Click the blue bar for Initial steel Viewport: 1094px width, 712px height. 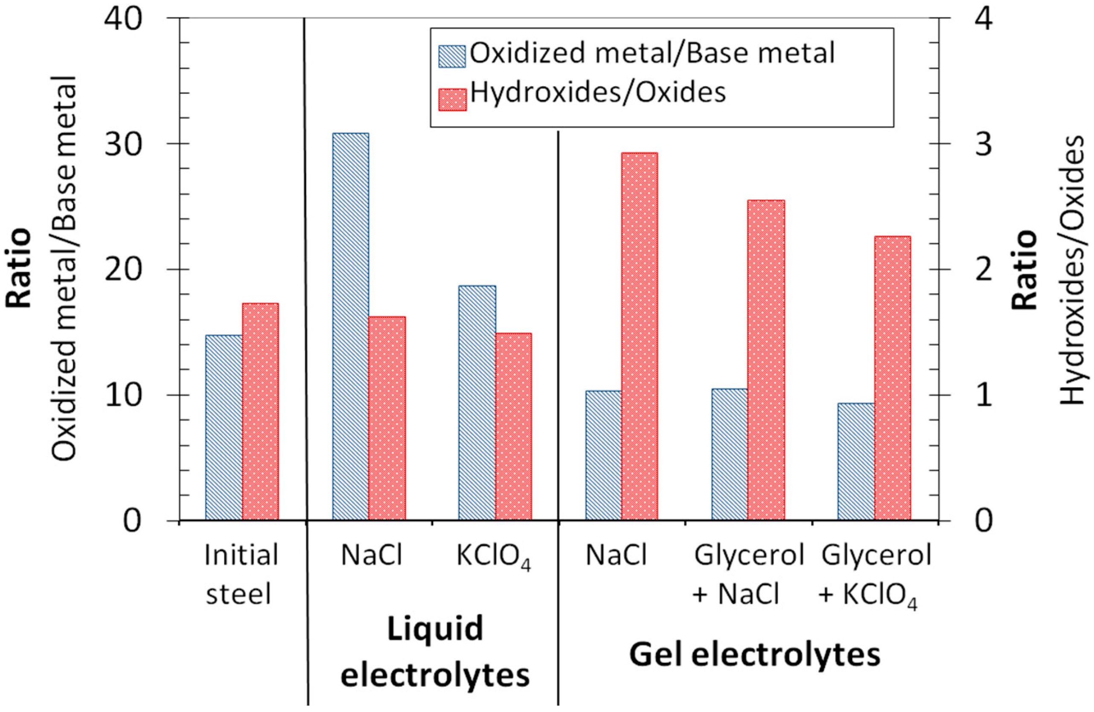pos(224,428)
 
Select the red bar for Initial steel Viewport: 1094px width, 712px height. pos(260,411)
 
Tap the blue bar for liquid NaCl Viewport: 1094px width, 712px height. pos(350,327)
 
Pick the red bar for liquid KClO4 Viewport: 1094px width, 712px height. pos(513,427)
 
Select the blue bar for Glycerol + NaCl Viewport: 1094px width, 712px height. pos(730,454)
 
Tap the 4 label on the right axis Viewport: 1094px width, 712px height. pos(983,19)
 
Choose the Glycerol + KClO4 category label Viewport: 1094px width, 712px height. pos(876,575)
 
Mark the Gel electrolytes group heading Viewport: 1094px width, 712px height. pos(754,654)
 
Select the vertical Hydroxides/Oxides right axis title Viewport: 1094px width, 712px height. pos(1074,271)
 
